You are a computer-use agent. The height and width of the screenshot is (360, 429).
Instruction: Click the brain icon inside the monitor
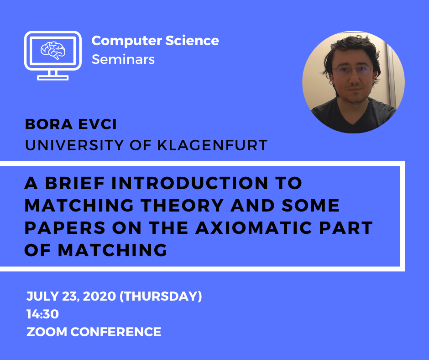coord(53,50)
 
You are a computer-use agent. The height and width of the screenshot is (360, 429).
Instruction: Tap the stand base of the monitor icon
coord(53,78)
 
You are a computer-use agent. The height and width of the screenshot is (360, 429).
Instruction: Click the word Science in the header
coord(192,41)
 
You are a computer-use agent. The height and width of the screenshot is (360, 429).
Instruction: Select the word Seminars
coord(123,59)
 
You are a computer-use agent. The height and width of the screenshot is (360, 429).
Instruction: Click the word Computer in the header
coord(127,41)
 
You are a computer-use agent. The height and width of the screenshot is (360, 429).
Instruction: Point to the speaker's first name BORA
coord(49,124)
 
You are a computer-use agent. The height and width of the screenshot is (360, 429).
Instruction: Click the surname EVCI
coord(98,124)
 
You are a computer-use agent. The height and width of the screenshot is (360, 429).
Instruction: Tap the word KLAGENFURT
coord(212,145)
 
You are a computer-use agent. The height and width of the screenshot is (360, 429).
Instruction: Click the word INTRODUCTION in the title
coord(189,183)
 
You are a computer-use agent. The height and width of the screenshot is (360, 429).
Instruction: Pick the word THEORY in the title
coord(182,206)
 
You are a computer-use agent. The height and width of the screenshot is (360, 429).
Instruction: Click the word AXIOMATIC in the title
coord(254,228)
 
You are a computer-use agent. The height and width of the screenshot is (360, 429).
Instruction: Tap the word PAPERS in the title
coord(65,228)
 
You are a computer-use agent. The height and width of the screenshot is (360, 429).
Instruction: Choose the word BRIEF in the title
coord(75,183)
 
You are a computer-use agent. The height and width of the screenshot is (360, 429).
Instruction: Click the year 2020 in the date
coord(99,296)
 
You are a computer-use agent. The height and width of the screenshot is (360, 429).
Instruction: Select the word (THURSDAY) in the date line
coord(161,296)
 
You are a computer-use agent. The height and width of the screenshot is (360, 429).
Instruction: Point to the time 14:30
coord(43,314)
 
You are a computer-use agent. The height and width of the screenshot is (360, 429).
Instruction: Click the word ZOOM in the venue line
coord(47,332)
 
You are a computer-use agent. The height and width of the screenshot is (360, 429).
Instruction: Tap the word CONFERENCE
coord(116,332)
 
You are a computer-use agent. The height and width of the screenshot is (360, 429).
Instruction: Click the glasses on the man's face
coord(352,71)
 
